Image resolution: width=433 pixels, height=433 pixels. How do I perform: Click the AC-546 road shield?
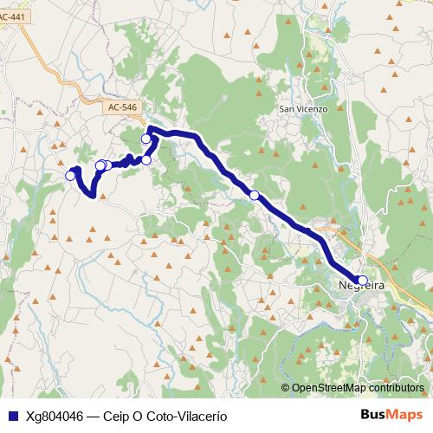click(124, 107)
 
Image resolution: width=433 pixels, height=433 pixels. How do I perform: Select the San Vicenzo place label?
click(303, 109)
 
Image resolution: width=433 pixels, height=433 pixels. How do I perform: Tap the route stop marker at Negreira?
click(363, 280)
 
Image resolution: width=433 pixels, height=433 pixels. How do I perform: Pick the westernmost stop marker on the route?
click(71, 176)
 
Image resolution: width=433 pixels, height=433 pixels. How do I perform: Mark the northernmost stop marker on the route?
click(146, 139)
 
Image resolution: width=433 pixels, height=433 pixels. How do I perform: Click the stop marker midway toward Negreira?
click(254, 195)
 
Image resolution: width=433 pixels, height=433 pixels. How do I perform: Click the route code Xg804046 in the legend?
click(55, 416)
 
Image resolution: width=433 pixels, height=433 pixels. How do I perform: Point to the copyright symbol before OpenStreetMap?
click(286, 388)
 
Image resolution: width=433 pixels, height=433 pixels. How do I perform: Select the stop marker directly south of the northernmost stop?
click(146, 159)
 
